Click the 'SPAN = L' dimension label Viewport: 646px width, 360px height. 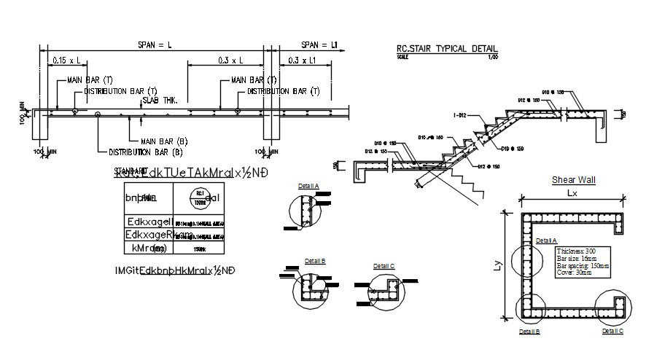tap(155, 45)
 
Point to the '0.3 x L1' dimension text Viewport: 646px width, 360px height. tap(301, 62)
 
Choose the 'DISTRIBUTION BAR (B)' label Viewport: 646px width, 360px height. tap(145, 152)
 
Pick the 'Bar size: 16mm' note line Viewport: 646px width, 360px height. tap(570, 258)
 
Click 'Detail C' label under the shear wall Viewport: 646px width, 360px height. tap(612, 331)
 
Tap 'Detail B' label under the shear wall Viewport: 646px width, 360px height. tap(529, 331)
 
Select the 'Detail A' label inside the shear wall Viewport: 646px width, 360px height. tap(546, 240)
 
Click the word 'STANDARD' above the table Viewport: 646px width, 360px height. tap(127, 172)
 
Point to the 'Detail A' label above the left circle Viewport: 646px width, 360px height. tap(308, 187)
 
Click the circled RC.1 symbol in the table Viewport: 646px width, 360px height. tap(198, 195)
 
